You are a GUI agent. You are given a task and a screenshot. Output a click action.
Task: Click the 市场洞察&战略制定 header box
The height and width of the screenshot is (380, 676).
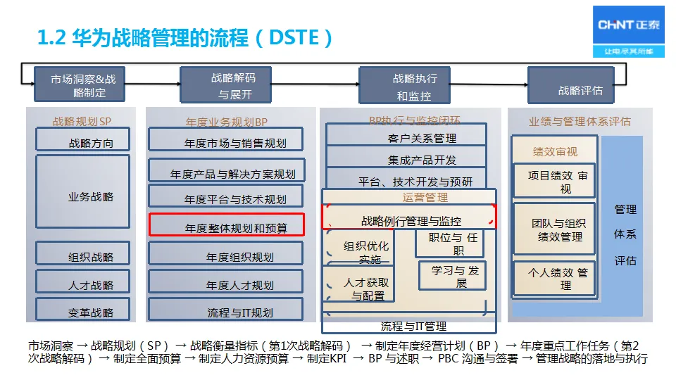83,86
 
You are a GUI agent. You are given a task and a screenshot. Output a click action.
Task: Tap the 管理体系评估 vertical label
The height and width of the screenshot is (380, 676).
625,235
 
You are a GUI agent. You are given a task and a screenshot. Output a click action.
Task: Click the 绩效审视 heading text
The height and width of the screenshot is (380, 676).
555,151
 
